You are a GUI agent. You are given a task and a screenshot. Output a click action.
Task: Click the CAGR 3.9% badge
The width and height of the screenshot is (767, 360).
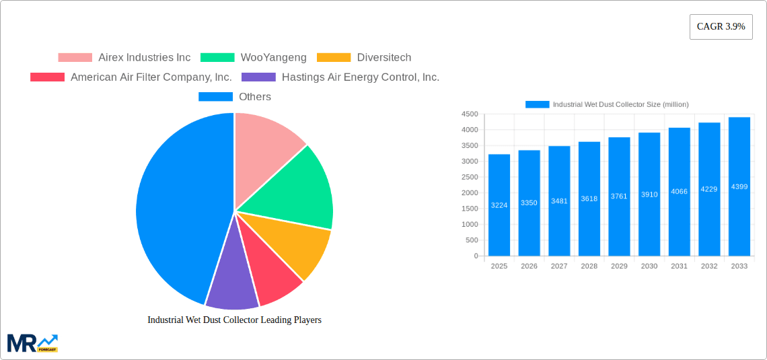tap(721, 27)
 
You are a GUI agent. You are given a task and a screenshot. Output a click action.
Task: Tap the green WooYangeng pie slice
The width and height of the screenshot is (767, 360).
tap(296, 188)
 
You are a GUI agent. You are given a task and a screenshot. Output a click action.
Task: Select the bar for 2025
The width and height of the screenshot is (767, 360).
tap(499, 205)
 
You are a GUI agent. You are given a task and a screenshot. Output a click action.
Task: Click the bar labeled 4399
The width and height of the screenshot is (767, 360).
tap(739, 186)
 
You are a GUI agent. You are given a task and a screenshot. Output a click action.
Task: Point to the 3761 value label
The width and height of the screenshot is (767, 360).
tap(619, 196)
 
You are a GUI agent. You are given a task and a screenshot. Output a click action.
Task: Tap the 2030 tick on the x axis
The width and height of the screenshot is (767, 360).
tap(649, 266)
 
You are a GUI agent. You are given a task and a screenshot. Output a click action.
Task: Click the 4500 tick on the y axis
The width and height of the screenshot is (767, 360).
tap(470, 114)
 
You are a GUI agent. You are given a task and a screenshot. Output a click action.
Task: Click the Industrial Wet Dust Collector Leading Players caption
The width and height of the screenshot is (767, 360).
tap(234, 320)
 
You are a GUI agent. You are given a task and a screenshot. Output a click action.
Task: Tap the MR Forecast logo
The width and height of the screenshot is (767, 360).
tap(32, 343)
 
